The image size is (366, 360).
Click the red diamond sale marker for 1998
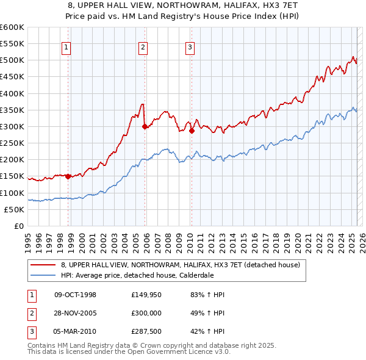coord(68,176)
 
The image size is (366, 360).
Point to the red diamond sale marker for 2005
coord(145,126)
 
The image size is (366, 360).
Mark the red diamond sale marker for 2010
coord(191,131)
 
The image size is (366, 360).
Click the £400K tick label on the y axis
coord(12,93)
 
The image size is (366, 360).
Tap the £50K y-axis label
coord(14,209)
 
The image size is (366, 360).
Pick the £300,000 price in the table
coord(145,314)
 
